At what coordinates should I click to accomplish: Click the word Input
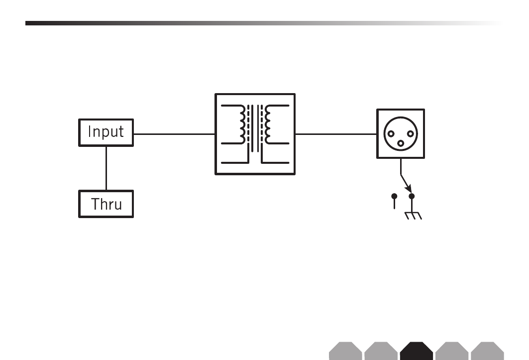pos(106,132)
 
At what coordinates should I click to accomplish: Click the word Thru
pos(106,204)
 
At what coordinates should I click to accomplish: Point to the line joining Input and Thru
pos(106,168)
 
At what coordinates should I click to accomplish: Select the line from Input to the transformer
pos(174,134)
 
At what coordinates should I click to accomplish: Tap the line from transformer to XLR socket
pos(335,134)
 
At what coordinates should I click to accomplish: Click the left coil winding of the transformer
pos(243,123)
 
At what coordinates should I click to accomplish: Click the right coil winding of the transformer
pos(267,123)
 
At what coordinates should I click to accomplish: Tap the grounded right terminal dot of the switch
pos(412,196)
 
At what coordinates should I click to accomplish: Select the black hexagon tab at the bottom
pos(416,351)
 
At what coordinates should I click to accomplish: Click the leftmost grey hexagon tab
pos(345,351)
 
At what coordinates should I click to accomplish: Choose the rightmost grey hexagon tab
pos(487,351)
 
